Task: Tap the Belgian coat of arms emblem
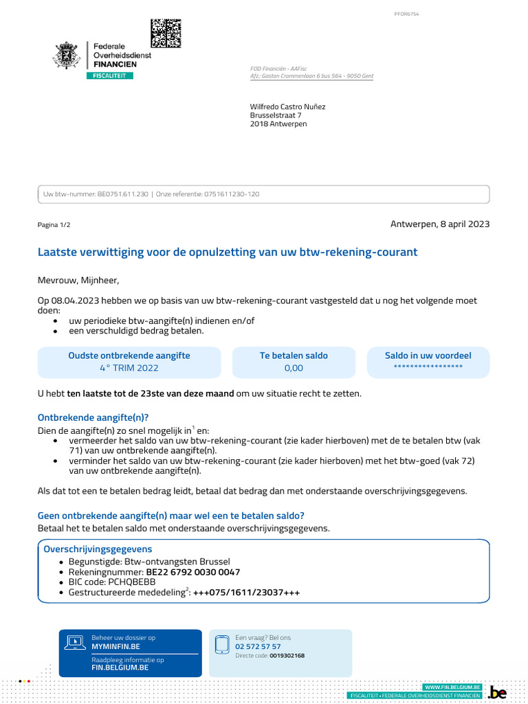tap(68, 56)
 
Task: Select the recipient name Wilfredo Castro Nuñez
tap(287, 107)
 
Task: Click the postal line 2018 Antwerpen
tap(278, 124)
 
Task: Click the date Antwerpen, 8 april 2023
tap(440, 224)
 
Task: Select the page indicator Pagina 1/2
tap(54, 225)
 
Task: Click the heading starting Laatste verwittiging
tap(227, 252)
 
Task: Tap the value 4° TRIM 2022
tap(129, 368)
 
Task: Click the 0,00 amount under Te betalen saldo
tap(294, 368)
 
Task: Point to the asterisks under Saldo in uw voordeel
tap(428, 367)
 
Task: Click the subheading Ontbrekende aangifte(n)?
tap(93, 417)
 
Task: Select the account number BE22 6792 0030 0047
tap(193, 572)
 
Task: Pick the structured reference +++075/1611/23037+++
tap(247, 593)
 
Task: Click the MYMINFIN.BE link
tap(115, 646)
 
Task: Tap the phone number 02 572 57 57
tap(258, 646)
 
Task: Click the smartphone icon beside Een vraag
tap(222, 645)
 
